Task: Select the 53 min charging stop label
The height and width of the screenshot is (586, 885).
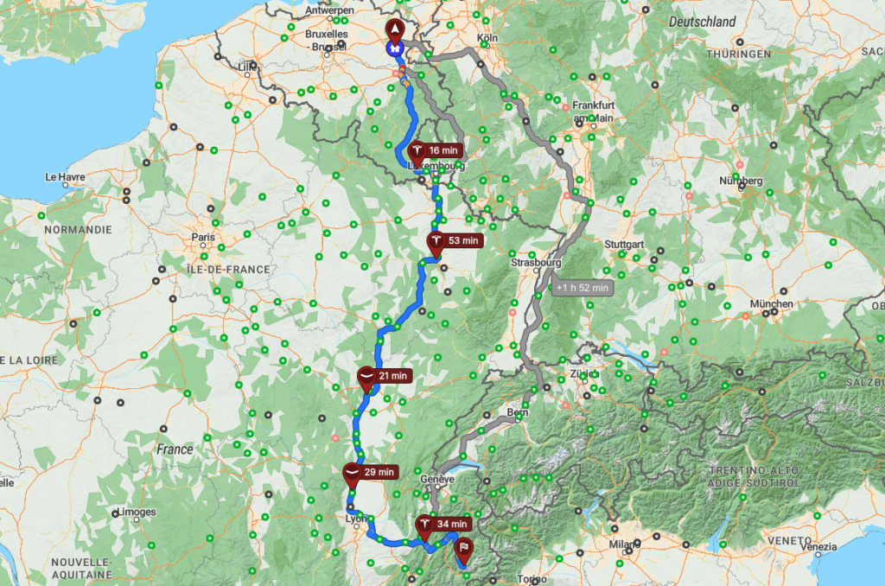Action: (x=462, y=240)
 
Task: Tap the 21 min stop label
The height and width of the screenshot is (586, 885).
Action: (x=392, y=376)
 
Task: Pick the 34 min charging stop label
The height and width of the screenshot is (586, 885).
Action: (x=452, y=524)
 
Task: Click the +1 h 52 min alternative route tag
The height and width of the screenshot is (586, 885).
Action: (x=583, y=287)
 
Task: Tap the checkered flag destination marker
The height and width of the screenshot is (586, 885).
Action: (x=465, y=546)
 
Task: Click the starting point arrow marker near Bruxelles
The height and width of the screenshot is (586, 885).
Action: (x=396, y=31)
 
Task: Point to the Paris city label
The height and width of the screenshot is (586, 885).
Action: (x=203, y=237)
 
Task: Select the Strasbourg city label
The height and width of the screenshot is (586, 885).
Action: (x=536, y=262)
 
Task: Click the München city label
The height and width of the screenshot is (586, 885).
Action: (x=772, y=304)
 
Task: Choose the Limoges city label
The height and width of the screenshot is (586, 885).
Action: (x=137, y=512)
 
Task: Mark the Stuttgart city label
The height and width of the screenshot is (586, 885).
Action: (x=625, y=245)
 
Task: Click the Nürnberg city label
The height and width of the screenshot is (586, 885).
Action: (x=741, y=181)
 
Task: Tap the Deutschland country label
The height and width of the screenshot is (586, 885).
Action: (x=703, y=22)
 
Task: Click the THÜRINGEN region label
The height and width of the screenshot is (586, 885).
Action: (x=736, y=54)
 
